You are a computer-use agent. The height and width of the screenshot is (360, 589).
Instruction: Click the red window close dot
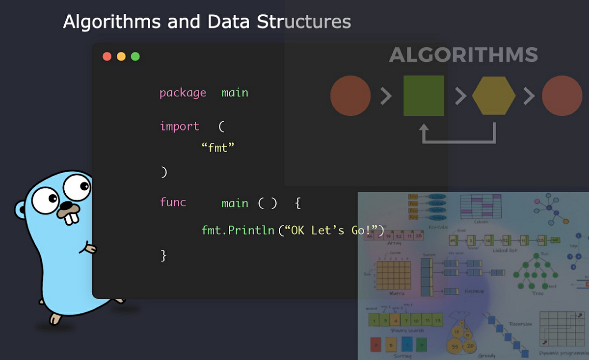(x=107, y=56)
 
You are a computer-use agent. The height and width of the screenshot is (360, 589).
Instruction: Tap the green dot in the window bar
(x=135, y=56)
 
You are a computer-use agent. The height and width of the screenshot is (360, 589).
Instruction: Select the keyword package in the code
(x=183, y=93)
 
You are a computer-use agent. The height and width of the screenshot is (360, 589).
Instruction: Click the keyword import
(x=179, y=126)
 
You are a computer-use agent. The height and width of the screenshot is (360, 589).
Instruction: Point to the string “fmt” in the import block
(x=218, y=147)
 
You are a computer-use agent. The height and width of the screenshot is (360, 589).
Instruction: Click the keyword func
(x=173, y=202)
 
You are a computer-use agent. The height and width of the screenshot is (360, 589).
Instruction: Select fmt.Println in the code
(x=238, y=230)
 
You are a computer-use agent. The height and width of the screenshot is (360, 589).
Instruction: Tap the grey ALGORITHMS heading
(x=463, y=55)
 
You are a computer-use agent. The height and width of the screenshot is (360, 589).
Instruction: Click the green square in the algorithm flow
(x=424, y=96)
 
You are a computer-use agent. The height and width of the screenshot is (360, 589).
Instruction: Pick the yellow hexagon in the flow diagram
(x=494, y=96)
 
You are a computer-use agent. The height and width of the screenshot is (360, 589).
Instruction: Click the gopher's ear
(x=20, y=210)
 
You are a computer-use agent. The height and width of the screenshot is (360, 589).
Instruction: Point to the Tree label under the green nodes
(x=537, y=293)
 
